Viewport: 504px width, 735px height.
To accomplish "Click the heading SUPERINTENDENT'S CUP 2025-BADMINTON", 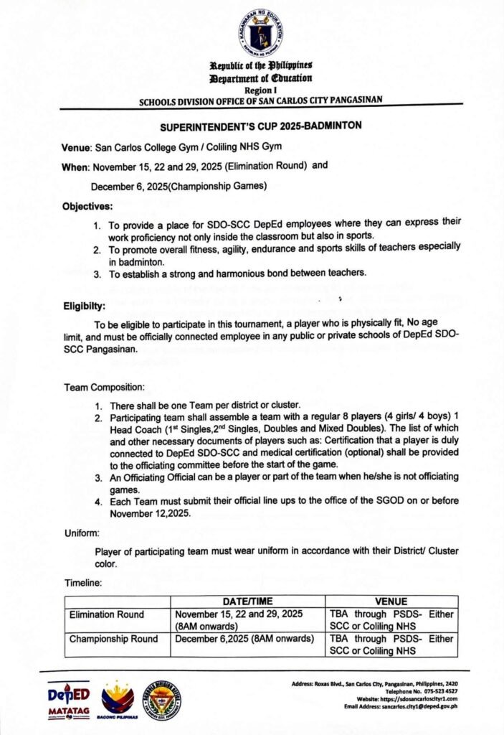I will pos(260,126).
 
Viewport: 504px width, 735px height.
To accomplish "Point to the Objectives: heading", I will pos(87,206).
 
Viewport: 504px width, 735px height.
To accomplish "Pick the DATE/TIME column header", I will pos(248,601).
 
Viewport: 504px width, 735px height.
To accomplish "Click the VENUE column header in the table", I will pos(391,601).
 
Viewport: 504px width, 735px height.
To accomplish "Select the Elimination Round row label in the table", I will pos(106,614).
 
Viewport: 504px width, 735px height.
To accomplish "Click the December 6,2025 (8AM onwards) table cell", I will pos(244,639).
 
